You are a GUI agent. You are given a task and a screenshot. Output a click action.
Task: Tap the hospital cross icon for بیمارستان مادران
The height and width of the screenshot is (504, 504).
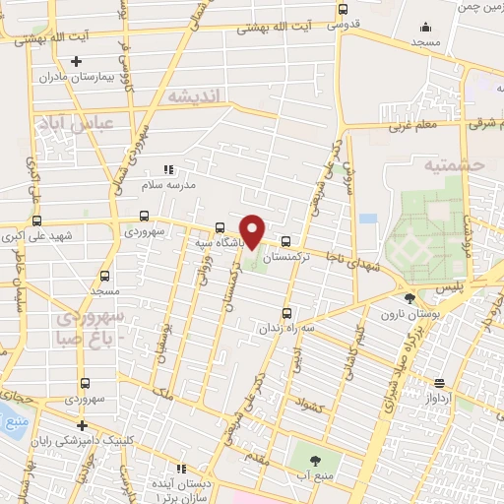(x=76, y=62)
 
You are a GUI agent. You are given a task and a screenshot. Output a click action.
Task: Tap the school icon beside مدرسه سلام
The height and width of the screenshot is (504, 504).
(x=166, y=170)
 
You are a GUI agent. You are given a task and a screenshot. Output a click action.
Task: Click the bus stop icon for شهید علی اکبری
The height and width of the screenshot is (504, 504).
(x=36, y=220)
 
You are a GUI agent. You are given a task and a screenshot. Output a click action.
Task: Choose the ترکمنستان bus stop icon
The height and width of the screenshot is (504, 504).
(x=285, y=240)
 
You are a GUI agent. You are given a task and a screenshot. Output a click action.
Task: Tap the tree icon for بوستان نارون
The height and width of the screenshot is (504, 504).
(x=409, y=297)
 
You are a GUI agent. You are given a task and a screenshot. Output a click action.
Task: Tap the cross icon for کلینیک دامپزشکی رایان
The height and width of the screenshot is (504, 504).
(x=82, y=425)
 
